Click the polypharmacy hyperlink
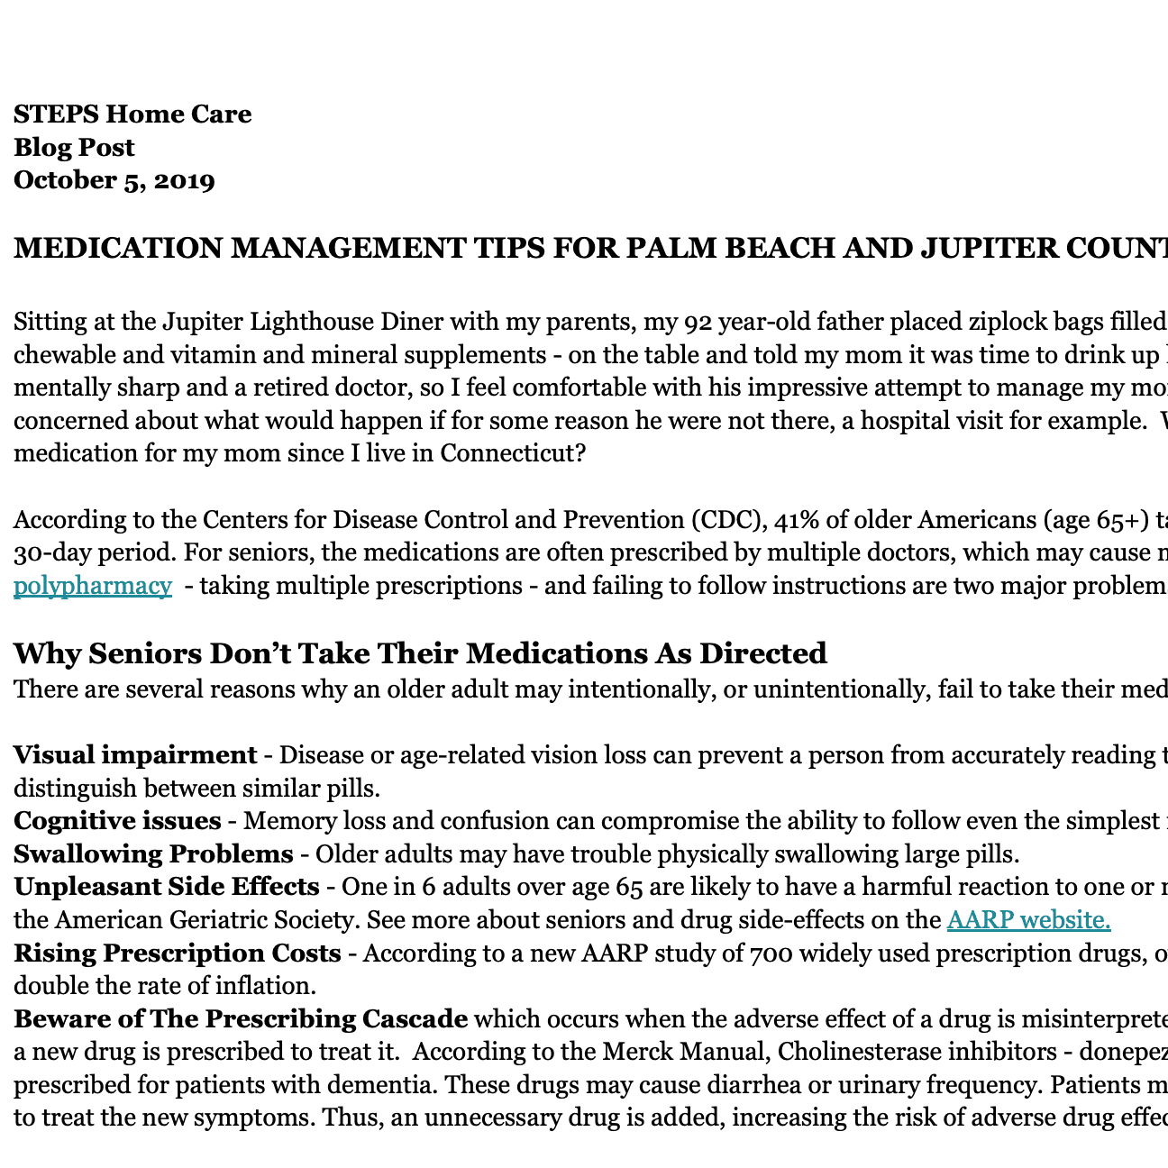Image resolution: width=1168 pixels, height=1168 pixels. coord(93,586)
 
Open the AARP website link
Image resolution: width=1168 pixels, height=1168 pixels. coord(1028,919)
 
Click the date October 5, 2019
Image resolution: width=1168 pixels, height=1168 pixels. coord(114,180)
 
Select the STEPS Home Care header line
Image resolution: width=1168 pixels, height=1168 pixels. coord(132,114)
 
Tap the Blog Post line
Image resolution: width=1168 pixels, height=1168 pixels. coord(74,147)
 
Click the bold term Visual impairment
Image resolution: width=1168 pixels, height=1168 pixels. coord(135,754)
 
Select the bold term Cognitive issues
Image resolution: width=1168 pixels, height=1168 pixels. coord(117,821)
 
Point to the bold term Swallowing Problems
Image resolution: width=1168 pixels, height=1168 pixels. coord(153,853)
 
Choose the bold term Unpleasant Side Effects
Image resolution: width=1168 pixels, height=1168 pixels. coord(167,887)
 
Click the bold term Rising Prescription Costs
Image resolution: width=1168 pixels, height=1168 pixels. coord(178,953)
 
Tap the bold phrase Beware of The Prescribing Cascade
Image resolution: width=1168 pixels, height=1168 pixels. coord(241,1018)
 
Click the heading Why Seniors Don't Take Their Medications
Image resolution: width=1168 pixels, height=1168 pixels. coord(420,652)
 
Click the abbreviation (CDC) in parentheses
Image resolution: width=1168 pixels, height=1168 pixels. coord(716,520)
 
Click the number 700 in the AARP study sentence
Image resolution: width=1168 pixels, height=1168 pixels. coord(766,953)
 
